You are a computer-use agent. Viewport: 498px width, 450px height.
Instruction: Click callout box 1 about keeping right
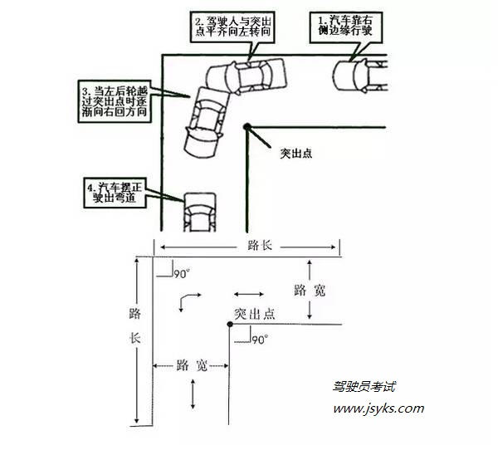[346, 27]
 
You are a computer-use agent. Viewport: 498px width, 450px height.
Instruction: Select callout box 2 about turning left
[232, 27]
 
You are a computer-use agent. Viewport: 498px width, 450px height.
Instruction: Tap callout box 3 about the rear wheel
[115, 101]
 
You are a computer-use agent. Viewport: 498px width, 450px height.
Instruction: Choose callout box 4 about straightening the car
[115, 193]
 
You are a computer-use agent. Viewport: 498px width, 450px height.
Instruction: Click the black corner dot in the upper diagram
[247, 127]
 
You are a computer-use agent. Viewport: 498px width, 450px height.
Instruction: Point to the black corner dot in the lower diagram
[230, 324]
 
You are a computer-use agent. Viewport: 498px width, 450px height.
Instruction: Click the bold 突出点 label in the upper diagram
[296, 153]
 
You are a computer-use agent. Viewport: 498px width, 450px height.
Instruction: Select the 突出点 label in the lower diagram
[255, 314]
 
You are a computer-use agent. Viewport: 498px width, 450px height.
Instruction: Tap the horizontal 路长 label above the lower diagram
[260, 246]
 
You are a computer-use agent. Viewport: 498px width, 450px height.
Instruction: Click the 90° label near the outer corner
[182, 274]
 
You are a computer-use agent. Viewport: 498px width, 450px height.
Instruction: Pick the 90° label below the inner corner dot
[260, 340]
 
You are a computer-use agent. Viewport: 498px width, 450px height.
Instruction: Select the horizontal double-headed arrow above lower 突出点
[249, 294]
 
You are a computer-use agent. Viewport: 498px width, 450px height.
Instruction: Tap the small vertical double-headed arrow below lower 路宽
[193, 394]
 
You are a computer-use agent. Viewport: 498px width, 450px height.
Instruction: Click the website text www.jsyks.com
[378, 408]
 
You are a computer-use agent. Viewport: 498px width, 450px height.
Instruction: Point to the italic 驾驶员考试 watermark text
[364, 386]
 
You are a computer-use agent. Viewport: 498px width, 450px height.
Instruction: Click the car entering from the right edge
[360, 76]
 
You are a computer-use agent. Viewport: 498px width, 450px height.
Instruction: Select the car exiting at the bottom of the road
[200, 213]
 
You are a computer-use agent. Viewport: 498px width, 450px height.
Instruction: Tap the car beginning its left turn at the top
[247, 76]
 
